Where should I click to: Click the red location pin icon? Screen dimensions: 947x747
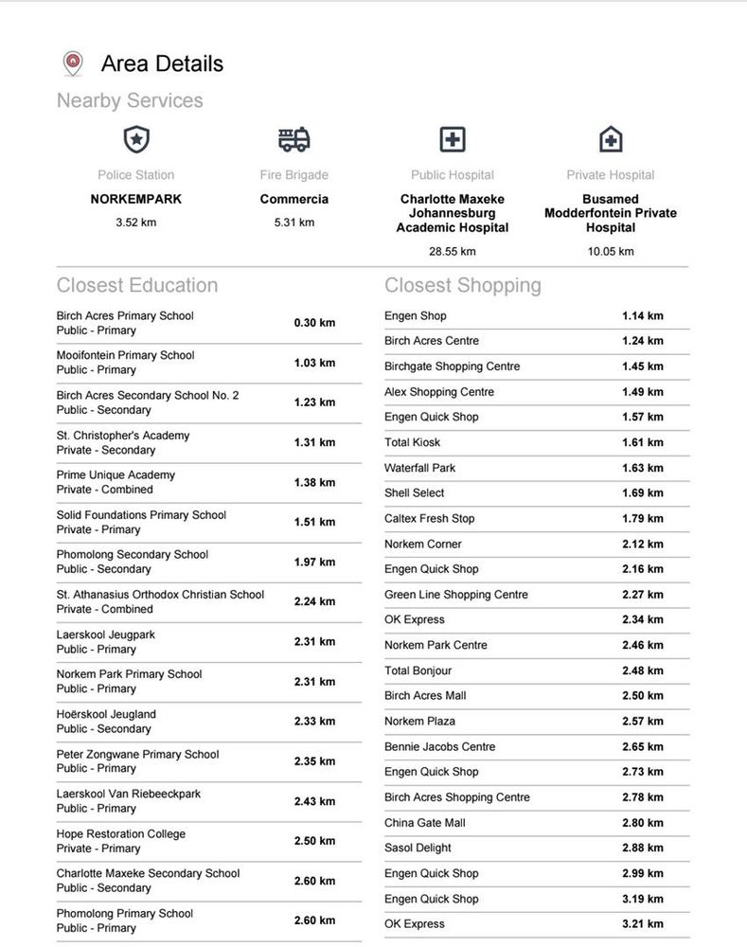pyautogui.click(x=73, y=63)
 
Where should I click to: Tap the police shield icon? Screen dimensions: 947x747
pyautogui.click(x=136, y=140)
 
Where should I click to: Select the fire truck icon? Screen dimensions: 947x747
pyautogui.click(x=293, y=140)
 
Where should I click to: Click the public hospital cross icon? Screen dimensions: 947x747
pyautogui.click(x=453, y=140)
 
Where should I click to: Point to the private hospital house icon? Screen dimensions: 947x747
pyautogui.click(x=611, y=140)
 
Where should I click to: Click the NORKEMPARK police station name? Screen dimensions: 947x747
pyautogui.click(x=136, y=200)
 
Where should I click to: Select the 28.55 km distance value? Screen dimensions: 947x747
pyautogui.click(x=453, y=252)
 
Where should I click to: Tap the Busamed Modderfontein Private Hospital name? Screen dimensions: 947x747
pyautogui.click(x=611, y=213)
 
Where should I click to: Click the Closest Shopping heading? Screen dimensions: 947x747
pyautogui.click(x=463, y=285)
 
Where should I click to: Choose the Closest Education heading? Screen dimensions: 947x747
pyautogui.click(x=137, y=285)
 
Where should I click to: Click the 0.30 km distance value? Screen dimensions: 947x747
pyautogui.click(x=314, y=323)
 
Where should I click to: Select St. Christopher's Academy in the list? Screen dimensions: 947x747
pyautogui.click(x=123, y=436)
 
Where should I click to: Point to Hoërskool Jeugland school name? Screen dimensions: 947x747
pyautogui.click(x=106, y=714)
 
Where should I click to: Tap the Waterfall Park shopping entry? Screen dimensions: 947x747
pyautogui.click(x=419, y=468)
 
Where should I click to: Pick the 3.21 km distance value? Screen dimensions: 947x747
pyautogui.click(x=642, y=924)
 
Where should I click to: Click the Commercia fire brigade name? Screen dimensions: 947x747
pyautogui.click(x=293, y=200)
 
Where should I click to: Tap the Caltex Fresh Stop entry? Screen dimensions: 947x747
pyautogui.click(x=429, y=519)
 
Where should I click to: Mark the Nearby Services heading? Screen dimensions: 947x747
pyautogui.click(x=130, y=100)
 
